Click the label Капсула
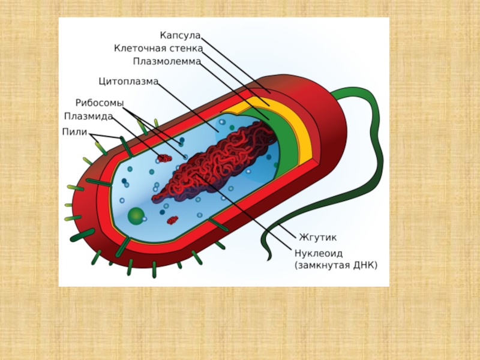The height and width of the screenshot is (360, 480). point(179,36)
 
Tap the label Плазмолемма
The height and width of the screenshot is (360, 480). point(166,61)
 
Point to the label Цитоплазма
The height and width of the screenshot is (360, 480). point(128,80)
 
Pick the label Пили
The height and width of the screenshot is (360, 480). point(74,131)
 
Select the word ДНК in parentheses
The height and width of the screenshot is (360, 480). point(364,265)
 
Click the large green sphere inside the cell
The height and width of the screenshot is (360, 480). point(136,214)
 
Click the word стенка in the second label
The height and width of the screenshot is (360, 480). point(187,49)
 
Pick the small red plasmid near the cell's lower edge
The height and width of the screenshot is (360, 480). point(173,220)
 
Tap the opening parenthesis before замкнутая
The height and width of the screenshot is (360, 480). point(296,265)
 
